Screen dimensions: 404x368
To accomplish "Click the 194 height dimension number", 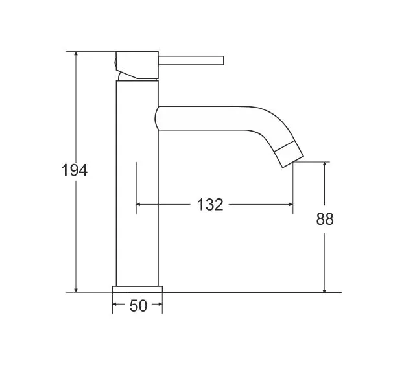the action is pyautogui.click(x=75, y=170).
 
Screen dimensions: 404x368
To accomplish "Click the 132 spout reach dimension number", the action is pyautogui.click(x=210, y=205).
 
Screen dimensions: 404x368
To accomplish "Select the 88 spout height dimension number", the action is pyautogui.click(x=325, y=219).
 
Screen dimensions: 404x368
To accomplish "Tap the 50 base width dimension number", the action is pyautogui.click(x=138, y=306).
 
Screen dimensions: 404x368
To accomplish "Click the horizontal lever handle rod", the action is pyautogui.click(x=191, y=60).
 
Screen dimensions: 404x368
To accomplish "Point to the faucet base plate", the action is pyautogui.click(x=137, y=289).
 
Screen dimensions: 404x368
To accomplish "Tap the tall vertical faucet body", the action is pyautogui.click(x=137, y=183).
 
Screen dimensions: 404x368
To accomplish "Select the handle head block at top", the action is pyautogui.click(x=137, y=65).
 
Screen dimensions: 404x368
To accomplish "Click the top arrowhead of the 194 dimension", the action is pyautogui.click(x=76, y=54).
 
